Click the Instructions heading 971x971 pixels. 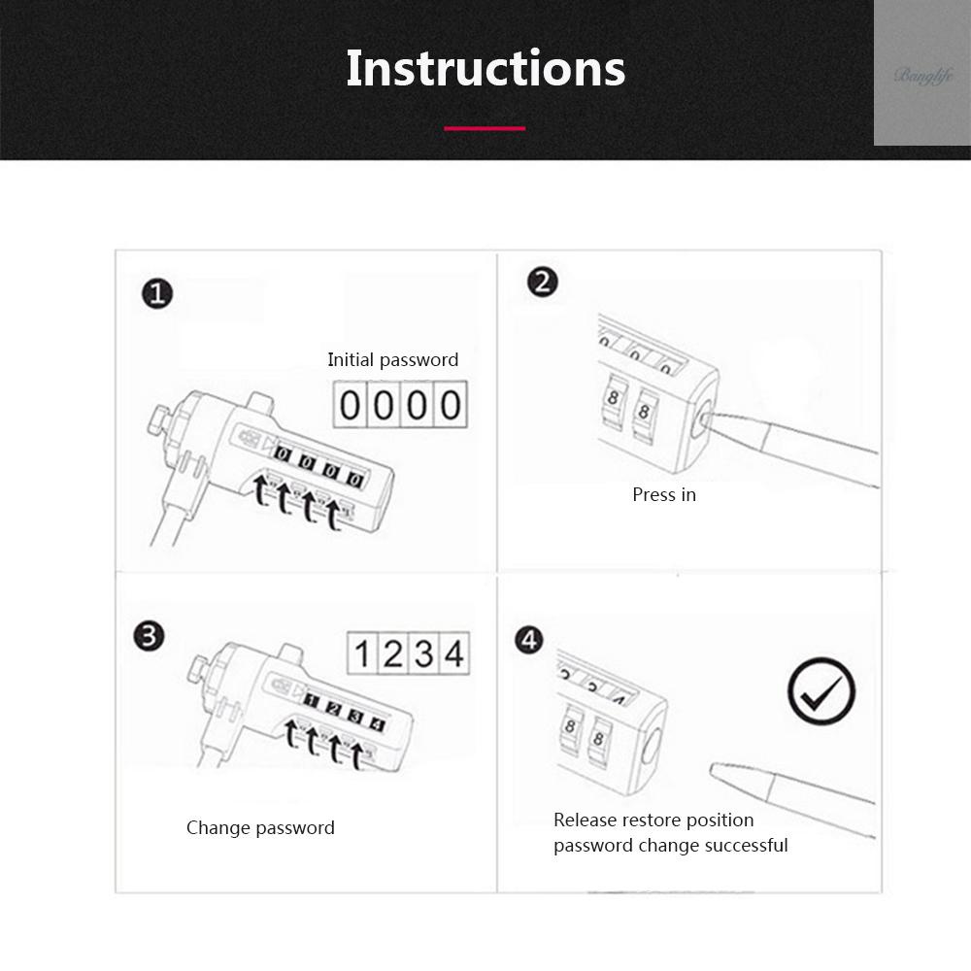click(485, 68)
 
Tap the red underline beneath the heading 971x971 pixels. click(485, 128)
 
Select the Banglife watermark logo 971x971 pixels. click(923, 76)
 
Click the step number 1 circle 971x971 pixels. click(157, 293)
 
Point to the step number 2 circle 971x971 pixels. click(543, 283)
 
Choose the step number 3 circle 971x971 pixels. click(150, 636)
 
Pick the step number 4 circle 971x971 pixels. click(529, 640)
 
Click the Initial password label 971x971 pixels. click(393, 360)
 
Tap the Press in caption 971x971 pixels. click(664, 495)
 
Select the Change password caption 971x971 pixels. click(260, 828)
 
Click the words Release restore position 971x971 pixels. click(653, 820)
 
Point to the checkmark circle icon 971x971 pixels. click(821, 691)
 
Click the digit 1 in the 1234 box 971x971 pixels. click(362, 653)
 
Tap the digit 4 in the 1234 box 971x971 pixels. click(453, 653)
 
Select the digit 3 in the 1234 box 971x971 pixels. click(423, 653)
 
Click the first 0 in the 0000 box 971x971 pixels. click(350, 405)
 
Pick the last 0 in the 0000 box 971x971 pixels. click(451, 405)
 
